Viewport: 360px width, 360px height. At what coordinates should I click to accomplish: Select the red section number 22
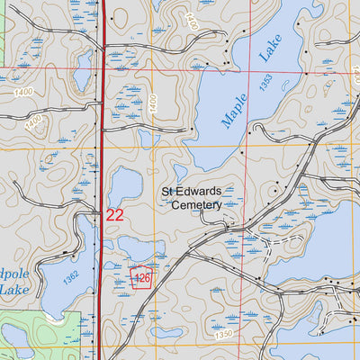(x=114, y=215)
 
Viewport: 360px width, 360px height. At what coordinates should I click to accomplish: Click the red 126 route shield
(x=141, y=278)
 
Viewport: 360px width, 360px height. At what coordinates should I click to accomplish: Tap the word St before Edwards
(x=168, y=192)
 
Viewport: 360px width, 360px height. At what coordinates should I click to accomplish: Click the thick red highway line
(x=102, y=135)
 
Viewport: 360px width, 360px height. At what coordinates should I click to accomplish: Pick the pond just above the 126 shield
(x=135, y=248)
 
